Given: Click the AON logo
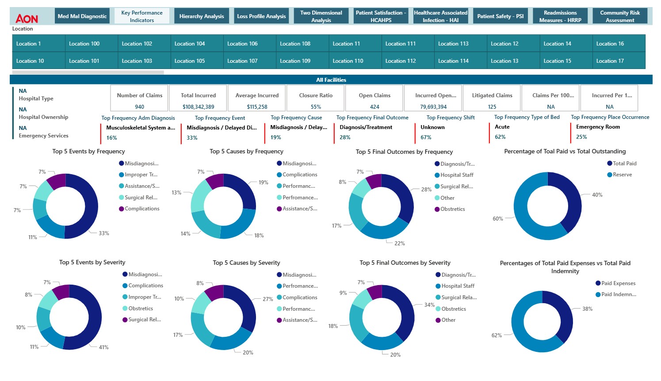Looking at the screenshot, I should (27, 18).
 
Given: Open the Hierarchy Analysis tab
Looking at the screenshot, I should (201, 16).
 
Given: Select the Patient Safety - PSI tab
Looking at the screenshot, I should (500, 16).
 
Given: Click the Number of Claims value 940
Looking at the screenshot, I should (139, 107).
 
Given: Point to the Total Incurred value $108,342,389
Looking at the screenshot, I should (198, 107).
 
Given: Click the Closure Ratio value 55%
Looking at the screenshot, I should (316, 107).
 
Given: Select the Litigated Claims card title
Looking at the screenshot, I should (492, 95).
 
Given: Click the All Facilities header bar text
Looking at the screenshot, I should (331, 80).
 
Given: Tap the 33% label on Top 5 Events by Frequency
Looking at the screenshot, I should (104, 233).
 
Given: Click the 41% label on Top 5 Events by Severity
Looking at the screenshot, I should (103, 347).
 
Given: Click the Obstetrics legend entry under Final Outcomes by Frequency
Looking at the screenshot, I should (452, 209).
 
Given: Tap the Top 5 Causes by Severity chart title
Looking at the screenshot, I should (246, 263).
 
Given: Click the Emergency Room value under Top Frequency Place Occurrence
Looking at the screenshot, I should (598, 127).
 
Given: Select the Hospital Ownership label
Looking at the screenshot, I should (43, 117).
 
